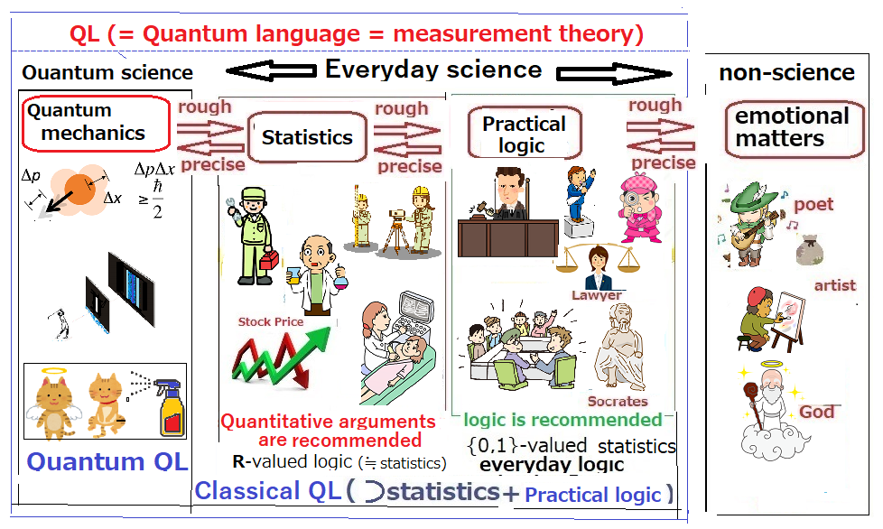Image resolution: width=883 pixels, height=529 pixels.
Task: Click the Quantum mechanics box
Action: (96, 124)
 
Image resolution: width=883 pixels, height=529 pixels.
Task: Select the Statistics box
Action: (308, 136)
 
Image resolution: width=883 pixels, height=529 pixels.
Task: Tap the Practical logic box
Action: (525, 134)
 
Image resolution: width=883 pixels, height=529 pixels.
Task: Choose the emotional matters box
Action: (795, 129)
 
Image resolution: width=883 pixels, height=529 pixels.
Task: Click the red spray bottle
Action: (170, 407)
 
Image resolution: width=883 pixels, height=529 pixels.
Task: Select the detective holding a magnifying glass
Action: (640, 207)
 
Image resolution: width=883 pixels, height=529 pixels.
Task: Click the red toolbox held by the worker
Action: (269, 260)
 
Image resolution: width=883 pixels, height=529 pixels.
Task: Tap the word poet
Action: (813, 205)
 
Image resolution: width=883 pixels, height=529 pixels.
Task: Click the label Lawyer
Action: (597, 295)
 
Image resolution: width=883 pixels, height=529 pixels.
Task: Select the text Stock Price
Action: (271, 322)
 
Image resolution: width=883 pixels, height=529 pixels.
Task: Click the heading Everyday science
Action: (433, 70)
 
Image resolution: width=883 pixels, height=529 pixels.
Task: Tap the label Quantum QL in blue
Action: (107, 461)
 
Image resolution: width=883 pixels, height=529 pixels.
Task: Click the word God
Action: (817, 412)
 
